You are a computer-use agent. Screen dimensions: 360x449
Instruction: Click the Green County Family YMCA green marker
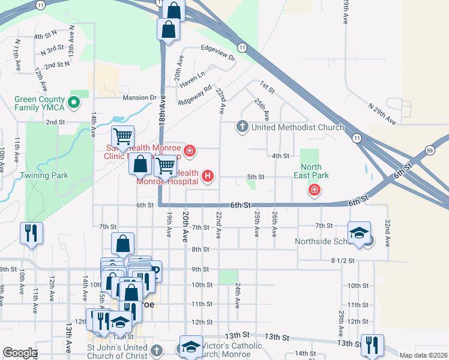tap(74, 103)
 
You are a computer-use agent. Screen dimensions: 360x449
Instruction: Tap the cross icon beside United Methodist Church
tap(242, 127)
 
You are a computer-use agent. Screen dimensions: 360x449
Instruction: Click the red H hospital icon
tap(207, 176)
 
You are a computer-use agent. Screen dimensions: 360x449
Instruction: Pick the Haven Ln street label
tap(193, 74)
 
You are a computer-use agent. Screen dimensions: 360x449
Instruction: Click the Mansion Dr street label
tap(139, 97)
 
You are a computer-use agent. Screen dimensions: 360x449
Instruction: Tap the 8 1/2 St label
tap(342, 260)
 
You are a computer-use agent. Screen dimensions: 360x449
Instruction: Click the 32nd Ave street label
tap(387, 233)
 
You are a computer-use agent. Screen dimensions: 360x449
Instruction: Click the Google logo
tap(19, 353)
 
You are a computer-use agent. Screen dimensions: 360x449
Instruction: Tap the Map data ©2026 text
tap(423, 355)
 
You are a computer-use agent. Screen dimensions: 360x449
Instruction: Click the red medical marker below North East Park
tap(313, 191)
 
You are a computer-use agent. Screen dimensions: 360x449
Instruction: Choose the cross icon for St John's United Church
tap(156, 350)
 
